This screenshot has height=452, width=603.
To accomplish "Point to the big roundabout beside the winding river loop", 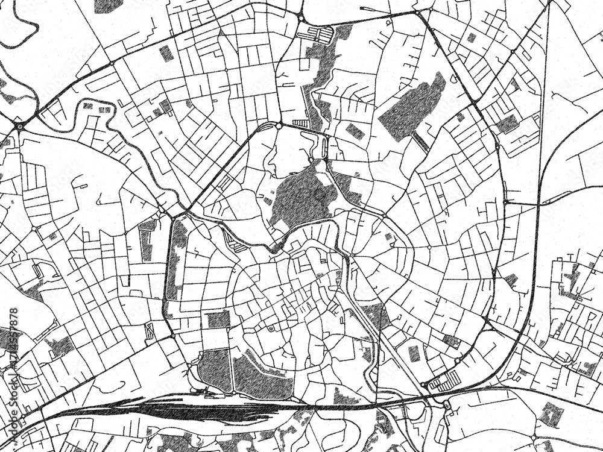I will pyautogui.click(x=20, y=126).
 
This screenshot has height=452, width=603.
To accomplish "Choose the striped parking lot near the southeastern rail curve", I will pyautogui.click(x=445, y=381).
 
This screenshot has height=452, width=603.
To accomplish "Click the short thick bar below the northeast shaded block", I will pyautogui.click(x=421, y=142).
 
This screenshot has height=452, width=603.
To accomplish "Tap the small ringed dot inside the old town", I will pyautogui.click(x=271, y=328).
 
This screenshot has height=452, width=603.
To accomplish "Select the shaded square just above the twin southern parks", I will pyautogui.click(x=218, y=319).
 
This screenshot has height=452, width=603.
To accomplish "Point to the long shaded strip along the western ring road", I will pyautogui.click(x=175, y=259).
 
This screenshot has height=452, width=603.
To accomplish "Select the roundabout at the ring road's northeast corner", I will pyautogui.click(x=417, y=12).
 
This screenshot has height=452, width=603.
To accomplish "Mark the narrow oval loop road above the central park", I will pyautogui.click(x=320, y=146).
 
